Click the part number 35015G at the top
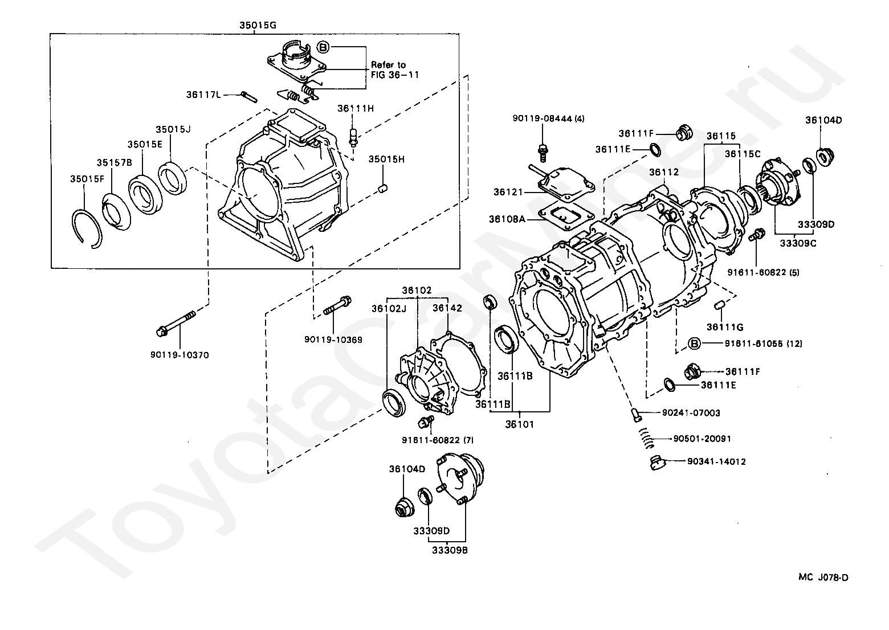pos(257,25)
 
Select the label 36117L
pos(203,95)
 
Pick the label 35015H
pos(386,159)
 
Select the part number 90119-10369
pos(333,339)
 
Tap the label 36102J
pos(389,308)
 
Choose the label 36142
pos(447,308)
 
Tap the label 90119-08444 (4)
pos(548,118)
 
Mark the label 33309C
pos(796,243)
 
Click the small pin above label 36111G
pos(719,305)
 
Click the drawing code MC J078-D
pos(823,578)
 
